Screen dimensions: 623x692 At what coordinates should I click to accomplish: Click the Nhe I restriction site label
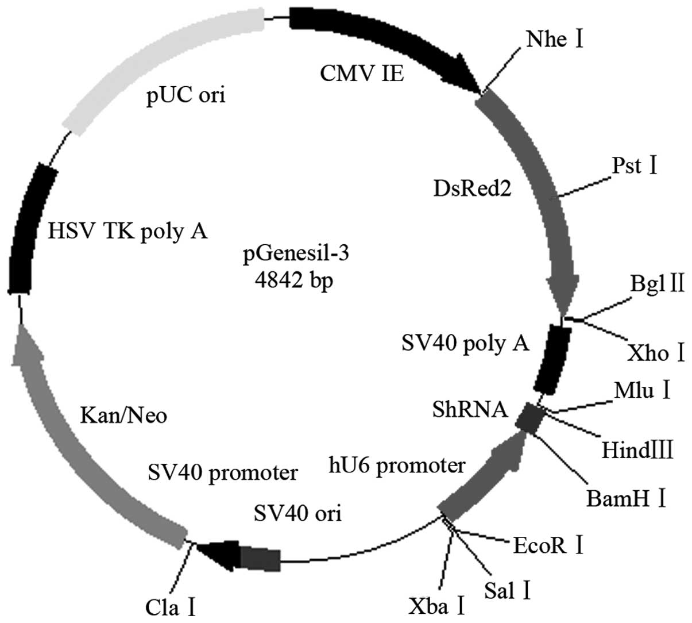[554, 40]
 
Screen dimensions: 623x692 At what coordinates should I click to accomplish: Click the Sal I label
[507, 590]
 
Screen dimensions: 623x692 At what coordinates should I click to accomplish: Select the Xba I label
[436, 606]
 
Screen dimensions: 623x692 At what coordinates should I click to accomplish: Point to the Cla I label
[171, 606]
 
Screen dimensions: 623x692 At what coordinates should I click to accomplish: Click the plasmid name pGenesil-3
[296, 253]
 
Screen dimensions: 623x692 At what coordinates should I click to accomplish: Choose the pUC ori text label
[185, 94]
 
